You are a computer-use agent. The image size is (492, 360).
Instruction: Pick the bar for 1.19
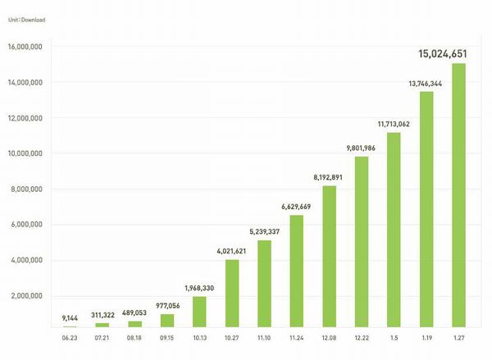(426, 209)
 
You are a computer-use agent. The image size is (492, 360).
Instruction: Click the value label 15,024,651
(443, 53)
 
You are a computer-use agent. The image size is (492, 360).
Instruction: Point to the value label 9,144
(70, 317)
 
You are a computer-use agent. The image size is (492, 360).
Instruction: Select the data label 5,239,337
(264, 230)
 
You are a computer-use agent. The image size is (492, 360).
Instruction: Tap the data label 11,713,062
(394, 123)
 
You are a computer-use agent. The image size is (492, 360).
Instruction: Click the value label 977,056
(167, 304)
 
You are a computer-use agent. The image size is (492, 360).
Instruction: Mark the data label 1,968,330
(200, 287)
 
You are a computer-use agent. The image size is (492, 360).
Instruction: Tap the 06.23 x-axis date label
(70, 336)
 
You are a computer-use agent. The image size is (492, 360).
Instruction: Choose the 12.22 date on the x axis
(362, 336)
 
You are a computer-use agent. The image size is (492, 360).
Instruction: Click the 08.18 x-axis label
(134, 336)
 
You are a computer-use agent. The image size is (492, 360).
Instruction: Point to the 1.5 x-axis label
(394, 336)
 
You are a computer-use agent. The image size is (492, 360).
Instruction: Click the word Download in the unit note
(34, 18)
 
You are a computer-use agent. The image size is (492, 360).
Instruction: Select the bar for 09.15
(167, 320)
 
